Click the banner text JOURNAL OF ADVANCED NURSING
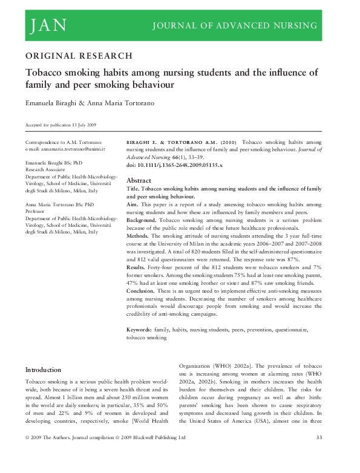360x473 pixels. pos(235,25)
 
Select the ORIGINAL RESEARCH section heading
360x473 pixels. pos(79,56)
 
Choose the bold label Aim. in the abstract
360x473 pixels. pos(133,205)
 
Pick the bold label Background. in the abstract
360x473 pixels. pos(143,221)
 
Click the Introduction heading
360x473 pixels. pos(43,370)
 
